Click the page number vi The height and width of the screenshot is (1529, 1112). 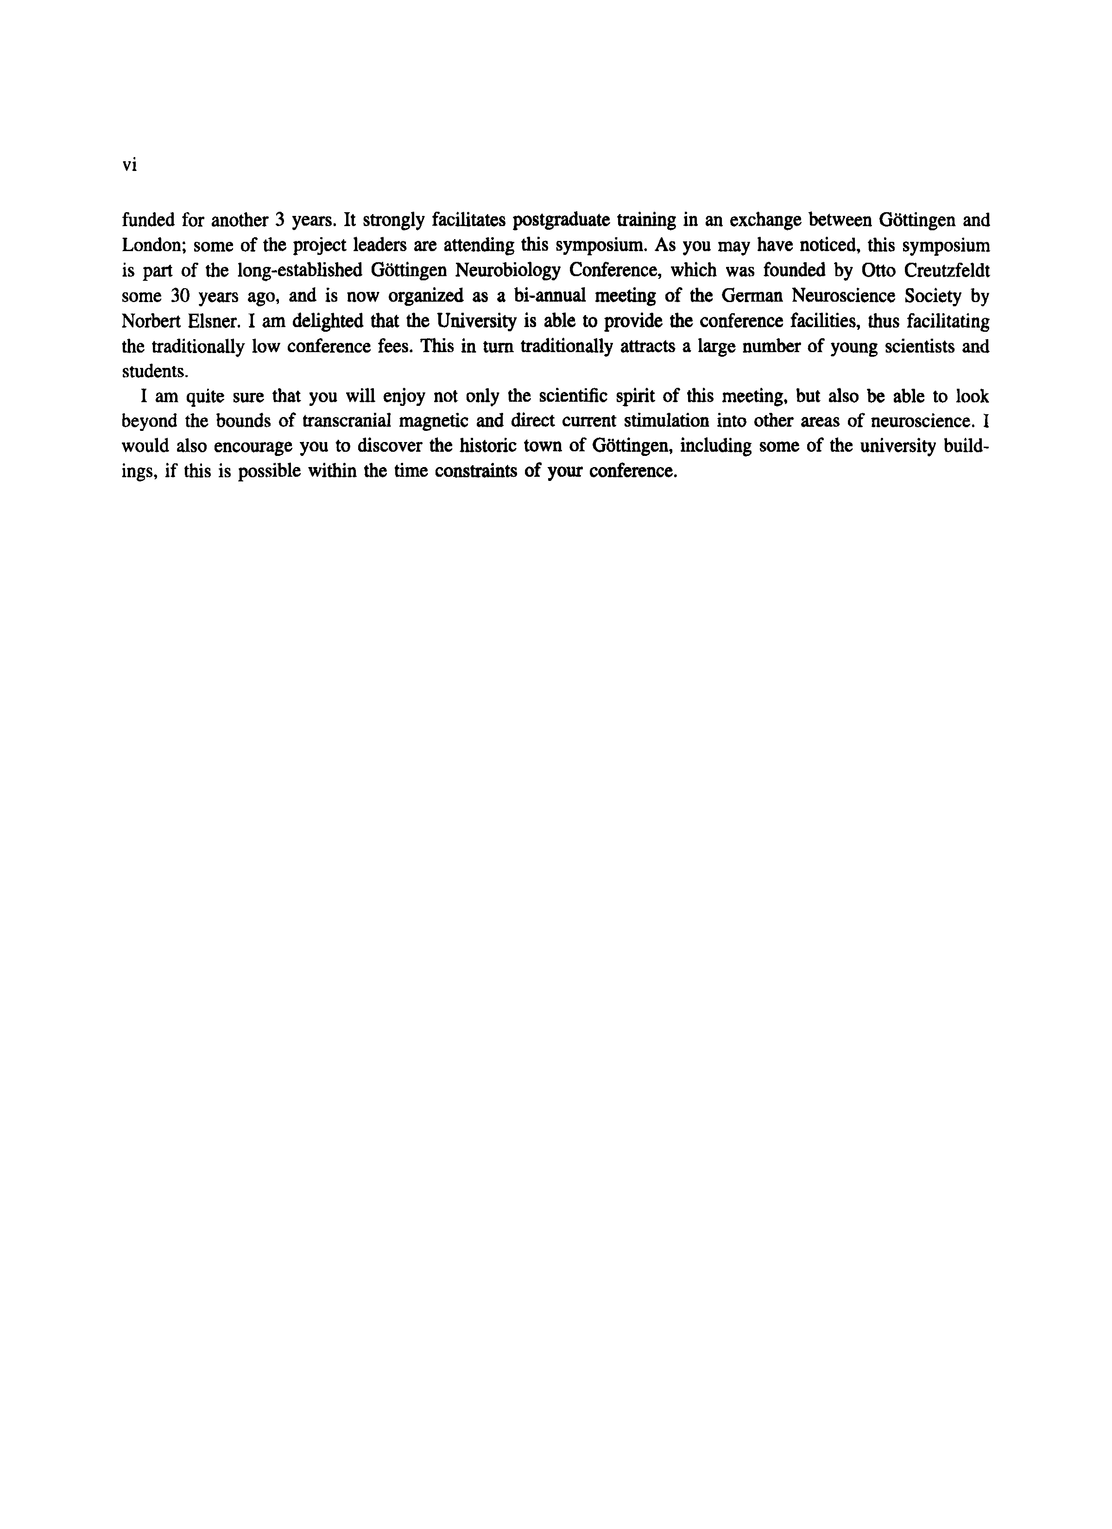coord(129,164)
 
